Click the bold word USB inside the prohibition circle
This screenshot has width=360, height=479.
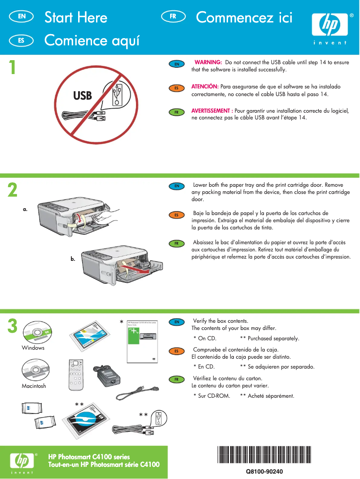(82, 96)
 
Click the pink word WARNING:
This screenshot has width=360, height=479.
(208, 62)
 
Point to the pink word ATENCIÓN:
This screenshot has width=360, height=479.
(205, 86)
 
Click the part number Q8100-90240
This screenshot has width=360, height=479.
(264, 471)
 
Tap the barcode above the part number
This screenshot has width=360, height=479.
(264, 455)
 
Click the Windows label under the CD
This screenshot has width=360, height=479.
(33, 348)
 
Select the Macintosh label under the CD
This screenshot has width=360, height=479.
(34, 386)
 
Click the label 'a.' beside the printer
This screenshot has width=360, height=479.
(26, 209)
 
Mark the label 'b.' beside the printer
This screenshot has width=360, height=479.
(73, 259)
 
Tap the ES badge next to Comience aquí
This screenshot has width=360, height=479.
(21, 40)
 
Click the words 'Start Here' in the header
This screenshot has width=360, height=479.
(76, 18)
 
